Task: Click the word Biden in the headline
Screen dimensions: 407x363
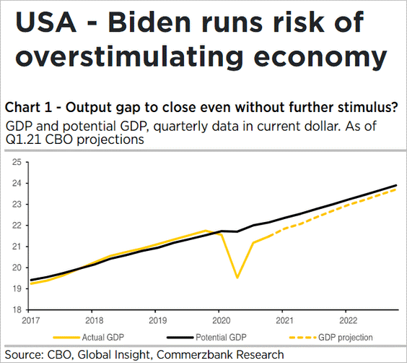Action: tap(149, 22)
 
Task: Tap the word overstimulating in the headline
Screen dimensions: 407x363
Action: tap(129, 56)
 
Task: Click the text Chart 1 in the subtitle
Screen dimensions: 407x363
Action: tap(29, 108)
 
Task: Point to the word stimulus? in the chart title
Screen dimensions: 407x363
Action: tap(367, 108)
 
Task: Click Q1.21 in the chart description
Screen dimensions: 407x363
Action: tap(23, 140)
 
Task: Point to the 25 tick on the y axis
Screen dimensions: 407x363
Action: tap(17, 162)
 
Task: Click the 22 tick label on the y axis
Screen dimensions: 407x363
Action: tap(17, 226)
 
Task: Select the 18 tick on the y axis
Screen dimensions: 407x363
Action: tap(17, 309)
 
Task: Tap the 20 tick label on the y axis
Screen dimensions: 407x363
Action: tap(17, 268)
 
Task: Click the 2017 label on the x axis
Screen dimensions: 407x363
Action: tap(31, 320)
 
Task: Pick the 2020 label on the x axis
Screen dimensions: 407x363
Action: tap(222, 320)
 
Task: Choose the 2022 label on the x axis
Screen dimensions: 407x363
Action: tap(349, 320)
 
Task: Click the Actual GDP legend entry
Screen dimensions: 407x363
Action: tap(89, 338)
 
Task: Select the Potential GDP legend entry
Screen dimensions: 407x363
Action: tap(206, 338)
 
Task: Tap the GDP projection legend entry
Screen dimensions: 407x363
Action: tap(331, 338)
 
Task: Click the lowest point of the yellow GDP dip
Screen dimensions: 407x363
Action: tap(237, 278)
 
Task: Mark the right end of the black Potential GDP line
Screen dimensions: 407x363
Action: tap(396, 185)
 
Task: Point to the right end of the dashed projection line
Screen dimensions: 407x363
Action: tap(396, 189)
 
